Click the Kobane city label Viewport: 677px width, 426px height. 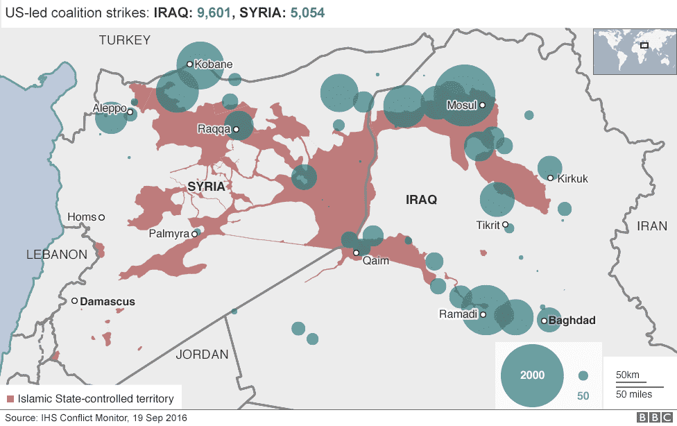[214, 65]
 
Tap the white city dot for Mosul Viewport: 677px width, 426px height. [482, 105]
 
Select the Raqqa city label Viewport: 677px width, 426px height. [214, 129]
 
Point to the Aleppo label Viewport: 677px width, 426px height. [109, 109]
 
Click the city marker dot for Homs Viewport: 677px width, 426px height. [102, 218]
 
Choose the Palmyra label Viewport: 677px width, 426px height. [169, 234]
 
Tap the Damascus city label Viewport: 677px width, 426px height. [108, 302]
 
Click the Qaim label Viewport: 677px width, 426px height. [376, 261]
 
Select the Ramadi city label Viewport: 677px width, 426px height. [459, 314]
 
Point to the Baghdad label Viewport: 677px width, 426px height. [572, 321]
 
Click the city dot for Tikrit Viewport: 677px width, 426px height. [506, 225]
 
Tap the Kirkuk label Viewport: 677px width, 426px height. [572, 179]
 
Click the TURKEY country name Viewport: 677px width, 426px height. [125, 40]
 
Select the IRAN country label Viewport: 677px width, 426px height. [653, 226]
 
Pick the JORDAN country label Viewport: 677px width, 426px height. [202, 355]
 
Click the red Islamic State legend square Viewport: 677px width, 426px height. [10, 399]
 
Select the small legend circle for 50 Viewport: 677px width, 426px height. [583, 375]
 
